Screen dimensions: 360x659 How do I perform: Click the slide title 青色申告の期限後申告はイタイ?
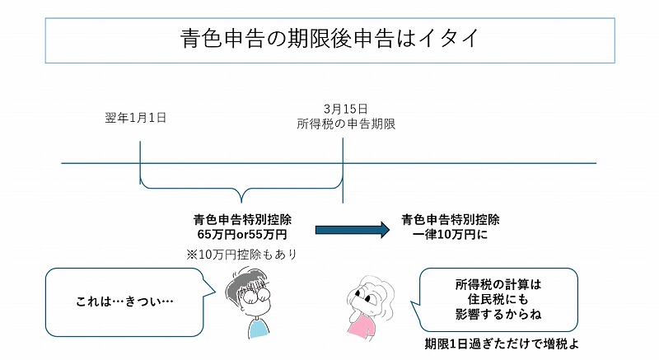(x=329, y=38)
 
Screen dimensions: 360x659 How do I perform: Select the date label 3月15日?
(x=345, y=109)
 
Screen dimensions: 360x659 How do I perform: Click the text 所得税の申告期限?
(x=346, y=124)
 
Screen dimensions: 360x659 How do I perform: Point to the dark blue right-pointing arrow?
(x=351, y=231)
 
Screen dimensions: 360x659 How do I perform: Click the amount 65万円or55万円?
(x=241, y=234)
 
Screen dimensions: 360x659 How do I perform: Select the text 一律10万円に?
(x=450, y=234)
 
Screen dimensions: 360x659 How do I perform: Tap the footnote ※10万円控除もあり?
(x=241, y=255)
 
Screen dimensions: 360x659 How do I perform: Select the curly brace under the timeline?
(x=241, y=192)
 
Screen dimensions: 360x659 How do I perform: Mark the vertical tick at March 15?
(x=342, y=165)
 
